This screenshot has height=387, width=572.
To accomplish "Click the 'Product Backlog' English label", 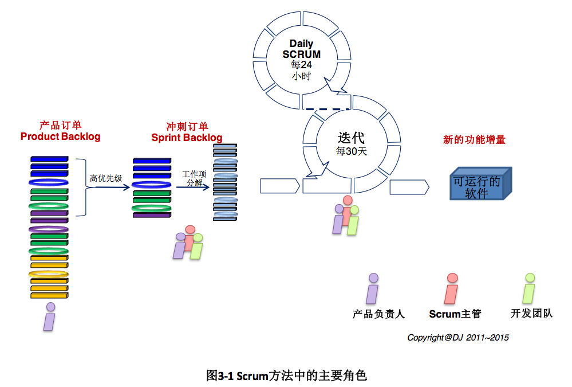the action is pos(60,136).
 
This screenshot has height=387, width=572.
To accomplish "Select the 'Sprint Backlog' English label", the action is pos(187,138).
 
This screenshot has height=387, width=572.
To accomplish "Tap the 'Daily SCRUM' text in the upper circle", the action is pos(301,49).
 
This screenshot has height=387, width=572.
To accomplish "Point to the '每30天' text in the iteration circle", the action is pos(352,151).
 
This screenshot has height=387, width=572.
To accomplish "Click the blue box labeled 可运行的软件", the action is pos(480,183).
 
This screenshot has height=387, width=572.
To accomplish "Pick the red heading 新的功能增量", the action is pos(474,139).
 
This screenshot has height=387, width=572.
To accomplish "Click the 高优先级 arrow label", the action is pos(106,178).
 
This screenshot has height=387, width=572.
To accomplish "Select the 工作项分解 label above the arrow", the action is pos(194,178).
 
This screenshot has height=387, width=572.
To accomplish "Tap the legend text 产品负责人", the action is pos(378,314).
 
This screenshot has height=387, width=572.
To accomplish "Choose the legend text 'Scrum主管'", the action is pos(455,314).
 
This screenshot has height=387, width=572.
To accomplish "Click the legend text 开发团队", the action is pos(531,313).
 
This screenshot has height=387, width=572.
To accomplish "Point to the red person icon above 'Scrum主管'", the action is pos(452,288).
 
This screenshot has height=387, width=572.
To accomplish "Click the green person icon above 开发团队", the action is pos(529,288).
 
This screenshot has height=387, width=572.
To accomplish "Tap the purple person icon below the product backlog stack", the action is pos(50,316).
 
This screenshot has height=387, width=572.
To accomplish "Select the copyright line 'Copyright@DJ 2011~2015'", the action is pos(458,338).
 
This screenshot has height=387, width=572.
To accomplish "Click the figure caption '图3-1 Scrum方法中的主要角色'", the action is pos(286,376).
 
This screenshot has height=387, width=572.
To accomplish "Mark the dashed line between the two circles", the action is pos(328,109).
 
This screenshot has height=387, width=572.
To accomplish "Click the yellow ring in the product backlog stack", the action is pos(49,274).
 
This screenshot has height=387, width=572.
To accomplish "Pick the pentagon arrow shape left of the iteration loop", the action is pos(280,186).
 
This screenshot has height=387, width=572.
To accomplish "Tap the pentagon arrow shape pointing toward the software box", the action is pos(409,187).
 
